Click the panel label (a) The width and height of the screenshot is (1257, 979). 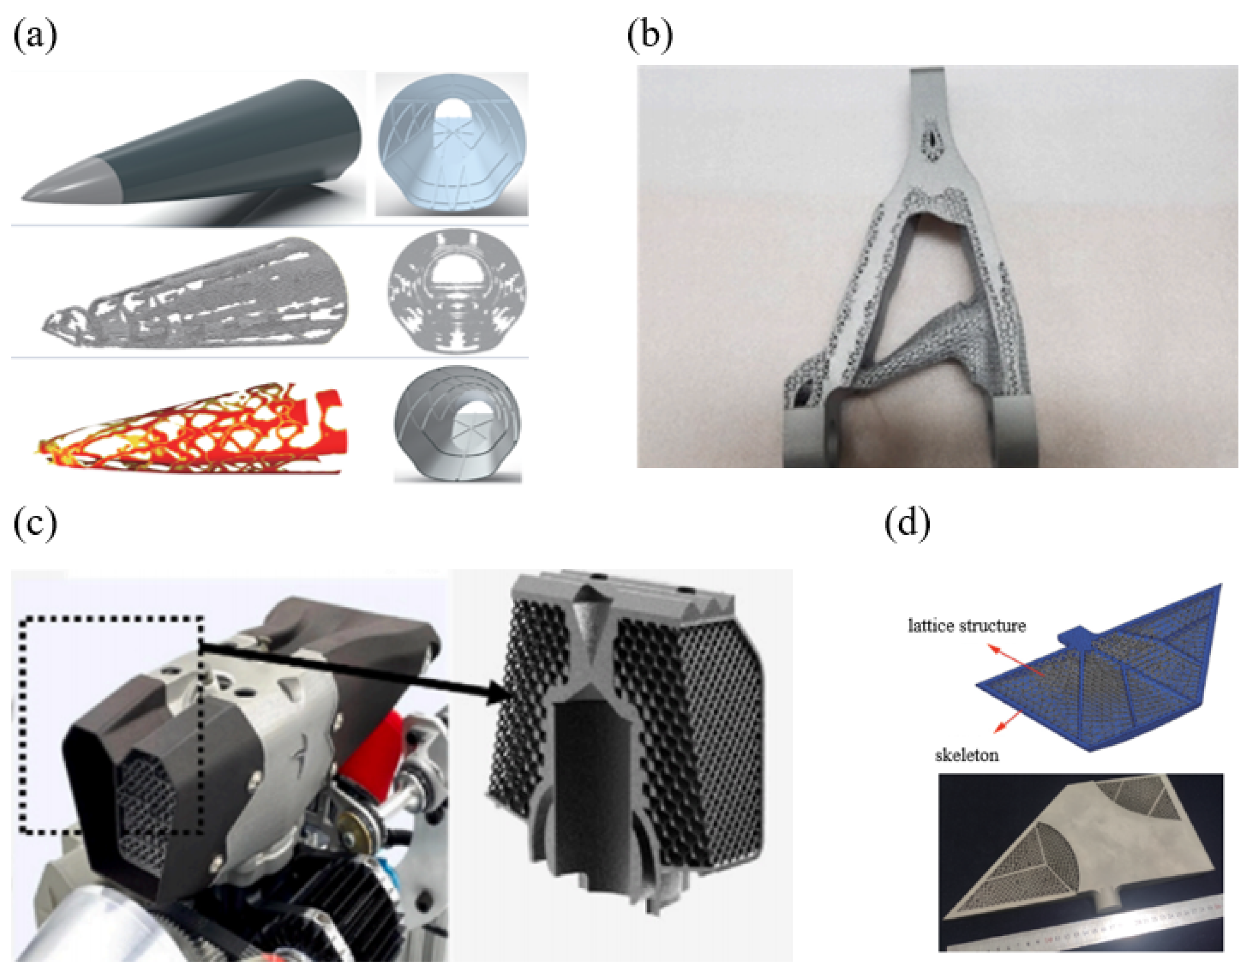[35, 37]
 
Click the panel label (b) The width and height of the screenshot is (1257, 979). [650, 37]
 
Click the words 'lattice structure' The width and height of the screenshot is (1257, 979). [967, 625]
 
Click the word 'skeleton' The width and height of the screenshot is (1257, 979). [966, 755]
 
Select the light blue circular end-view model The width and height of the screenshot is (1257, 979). [452, 144]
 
